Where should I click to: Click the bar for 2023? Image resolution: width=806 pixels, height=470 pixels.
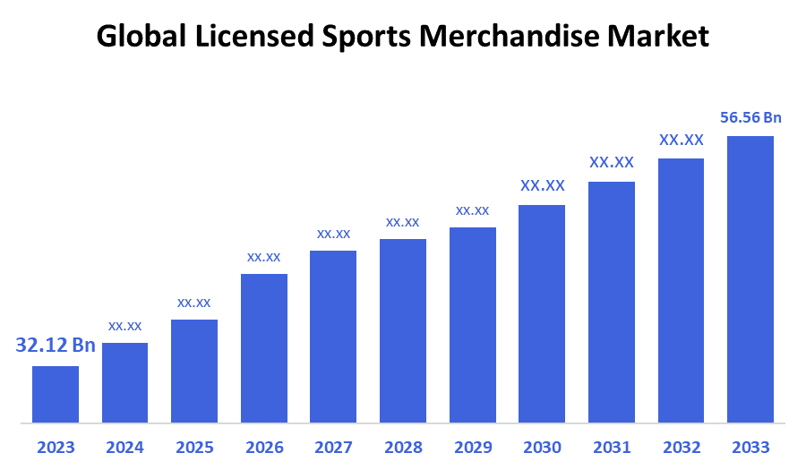(56, 394)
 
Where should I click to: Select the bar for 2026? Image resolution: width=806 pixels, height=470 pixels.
(264, 347)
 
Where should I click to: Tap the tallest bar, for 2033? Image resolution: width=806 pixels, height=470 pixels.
(750, 278)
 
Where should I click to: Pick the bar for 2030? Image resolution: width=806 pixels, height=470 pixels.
(542, 313)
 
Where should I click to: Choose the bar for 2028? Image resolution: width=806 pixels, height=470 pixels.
(403, 330)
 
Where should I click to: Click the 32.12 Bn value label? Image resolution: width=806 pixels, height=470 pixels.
(56, 346)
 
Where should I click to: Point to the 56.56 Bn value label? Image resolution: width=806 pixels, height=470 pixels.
(750, 117)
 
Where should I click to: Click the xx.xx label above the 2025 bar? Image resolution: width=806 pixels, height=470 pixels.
(194, 303)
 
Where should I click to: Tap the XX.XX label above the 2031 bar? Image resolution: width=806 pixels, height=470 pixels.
(612, 163)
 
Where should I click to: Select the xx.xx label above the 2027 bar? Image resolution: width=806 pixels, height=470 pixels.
(333, 234)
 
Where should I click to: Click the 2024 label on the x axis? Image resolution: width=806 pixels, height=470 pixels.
(124, 448)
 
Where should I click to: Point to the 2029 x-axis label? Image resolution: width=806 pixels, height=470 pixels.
(472, 448)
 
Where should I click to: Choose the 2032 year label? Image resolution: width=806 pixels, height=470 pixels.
(681, 448)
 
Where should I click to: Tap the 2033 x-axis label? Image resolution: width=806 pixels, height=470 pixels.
(750, 448)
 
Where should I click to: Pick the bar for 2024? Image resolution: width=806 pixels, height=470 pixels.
(124, 382)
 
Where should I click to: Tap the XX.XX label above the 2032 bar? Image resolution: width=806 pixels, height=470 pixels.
(681, 140)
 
